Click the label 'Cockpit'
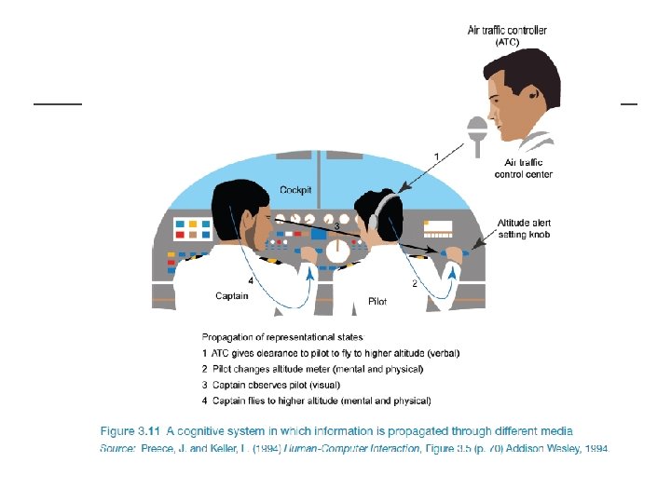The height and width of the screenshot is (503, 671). click(296, 189)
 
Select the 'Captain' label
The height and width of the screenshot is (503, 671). click(232, 296)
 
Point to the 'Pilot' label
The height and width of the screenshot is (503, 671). click(377, 302)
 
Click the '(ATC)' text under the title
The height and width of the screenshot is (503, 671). click(508, 42)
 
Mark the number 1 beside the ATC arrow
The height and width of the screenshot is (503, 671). click(437, 155)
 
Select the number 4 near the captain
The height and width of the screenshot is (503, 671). click(250, 280)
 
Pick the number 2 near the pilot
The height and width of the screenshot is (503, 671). click(414, 283)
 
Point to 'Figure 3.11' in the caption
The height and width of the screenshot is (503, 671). click(130, 430)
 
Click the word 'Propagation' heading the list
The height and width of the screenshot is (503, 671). click(227, 337)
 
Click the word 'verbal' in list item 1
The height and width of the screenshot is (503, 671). click(442, 353)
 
